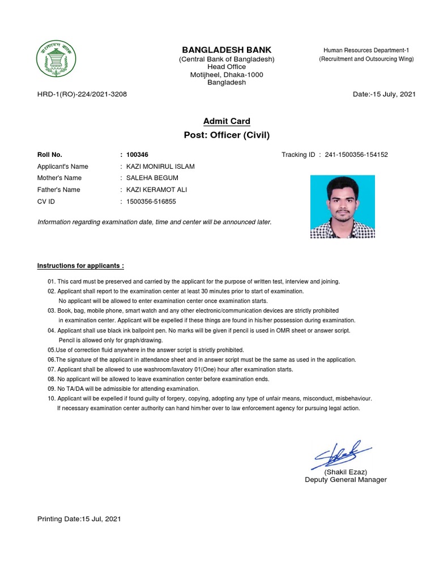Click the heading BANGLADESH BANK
coord(227,50)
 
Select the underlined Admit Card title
coord(227,121)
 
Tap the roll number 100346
coord(138,155)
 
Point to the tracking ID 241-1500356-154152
coord(356,155)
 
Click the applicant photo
coord(342,206)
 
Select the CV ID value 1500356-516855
coord(151,202)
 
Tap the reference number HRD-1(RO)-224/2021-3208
coord(82,94)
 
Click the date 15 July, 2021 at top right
coord(384,94)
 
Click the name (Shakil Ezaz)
coord(346,472)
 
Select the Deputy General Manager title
coord(346,480)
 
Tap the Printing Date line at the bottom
coord(79,518)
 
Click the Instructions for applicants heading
coord(80,266)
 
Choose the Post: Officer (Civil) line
coord(227,135)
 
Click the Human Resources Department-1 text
coord(366,50)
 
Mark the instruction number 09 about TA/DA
coord(123,389)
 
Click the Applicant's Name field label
coord(63,167)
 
